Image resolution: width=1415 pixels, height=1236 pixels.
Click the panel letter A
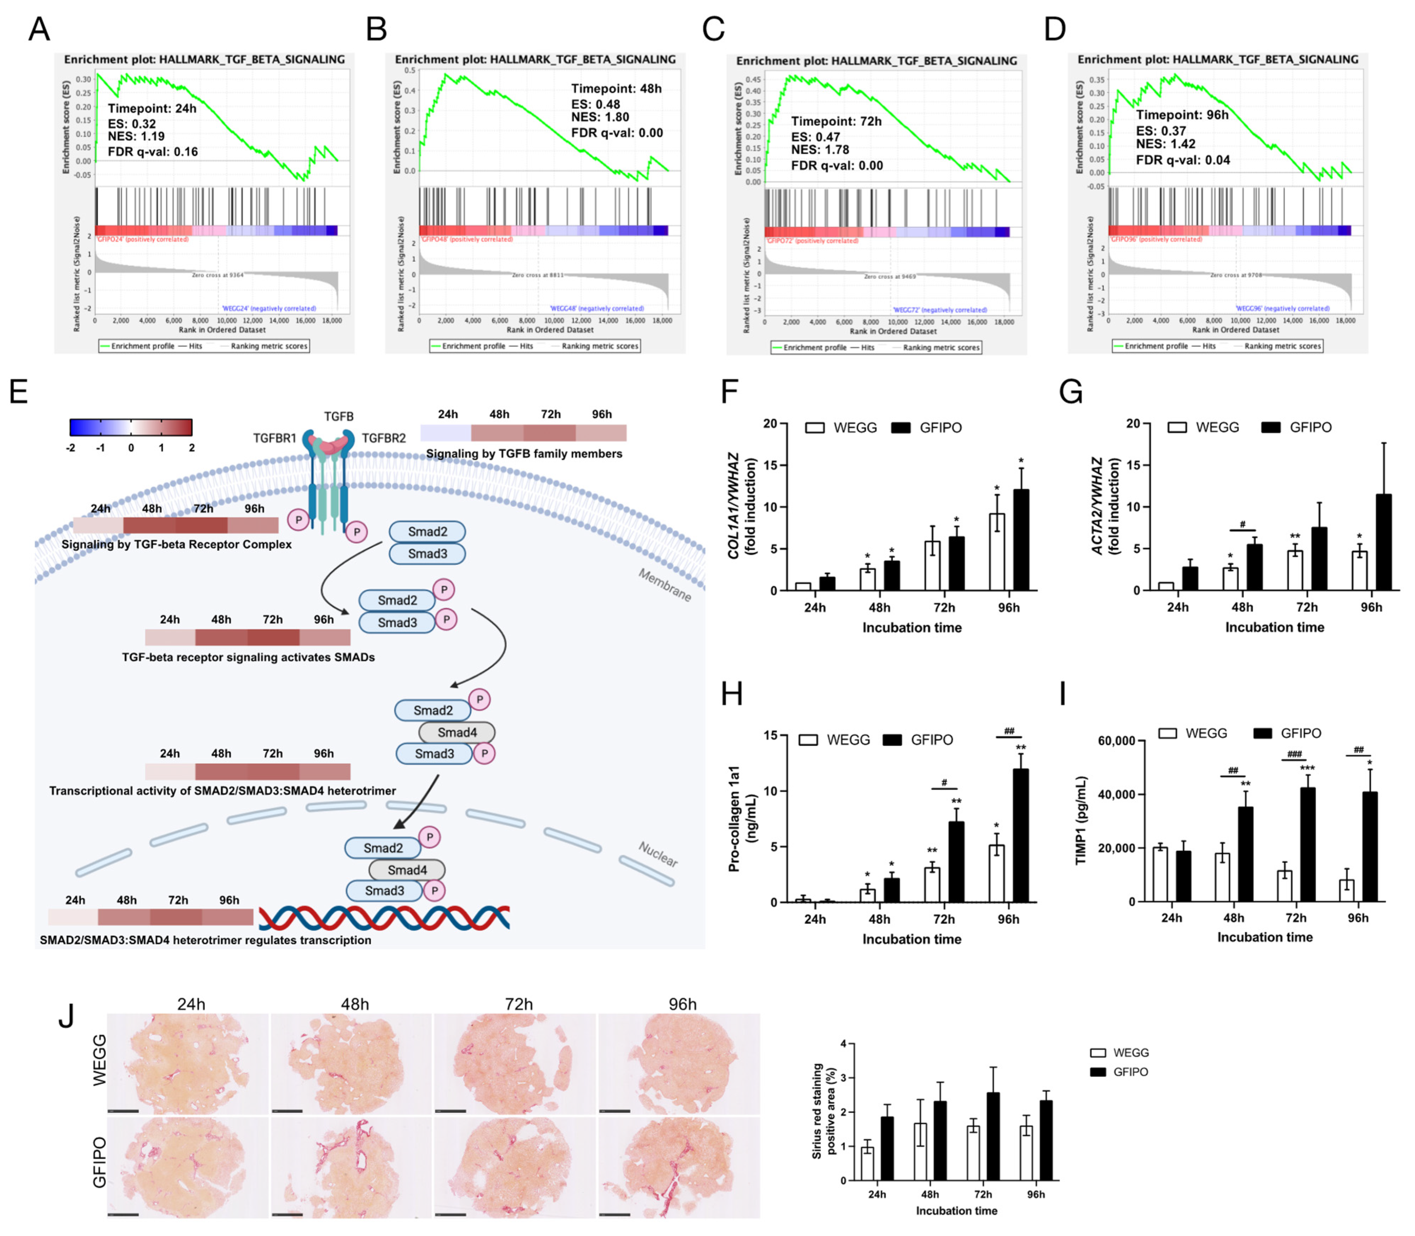[39, 29]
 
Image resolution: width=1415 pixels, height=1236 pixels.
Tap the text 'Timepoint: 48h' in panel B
[616, 88]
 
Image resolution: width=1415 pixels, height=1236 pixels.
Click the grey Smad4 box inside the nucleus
[407, 870]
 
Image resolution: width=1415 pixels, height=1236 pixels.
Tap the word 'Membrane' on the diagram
[664, 585]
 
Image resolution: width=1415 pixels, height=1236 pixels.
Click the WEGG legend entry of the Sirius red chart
[1118, 1053]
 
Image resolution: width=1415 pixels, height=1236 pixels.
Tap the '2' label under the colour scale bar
[192, 448]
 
